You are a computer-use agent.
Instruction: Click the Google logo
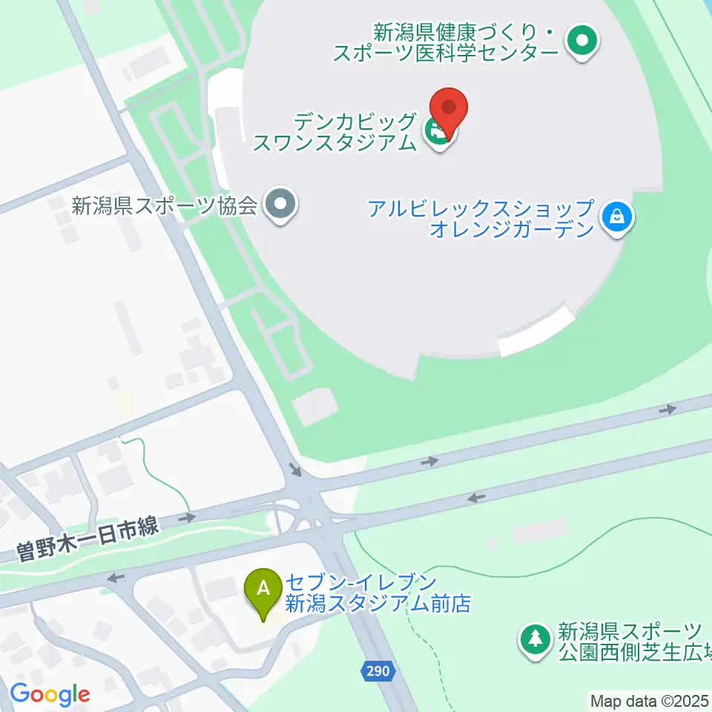click(50, 695)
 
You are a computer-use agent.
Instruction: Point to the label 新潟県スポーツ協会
click(165, 205)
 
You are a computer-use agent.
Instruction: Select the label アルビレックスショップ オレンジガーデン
click(482, 218)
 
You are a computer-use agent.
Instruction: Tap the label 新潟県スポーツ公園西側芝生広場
click(630, 643)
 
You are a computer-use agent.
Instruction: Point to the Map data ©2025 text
click(650, 699)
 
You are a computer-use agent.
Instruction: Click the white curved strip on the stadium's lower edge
click(537, 333)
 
